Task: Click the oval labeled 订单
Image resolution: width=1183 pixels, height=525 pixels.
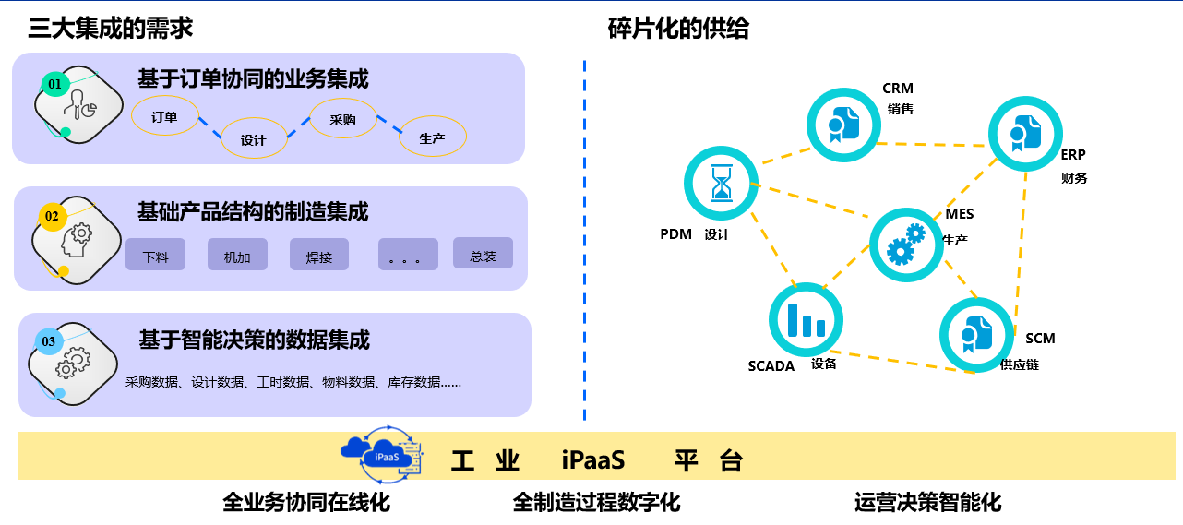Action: point(165,116)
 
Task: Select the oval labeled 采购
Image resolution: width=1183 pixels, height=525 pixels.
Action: point(343,119)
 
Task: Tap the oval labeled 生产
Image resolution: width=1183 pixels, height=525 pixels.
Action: point(432,137)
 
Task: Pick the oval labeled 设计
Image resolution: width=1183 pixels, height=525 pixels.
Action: point(254,138)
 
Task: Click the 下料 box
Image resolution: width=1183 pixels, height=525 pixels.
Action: point(156,255)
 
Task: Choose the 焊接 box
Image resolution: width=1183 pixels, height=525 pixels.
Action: point(319,255)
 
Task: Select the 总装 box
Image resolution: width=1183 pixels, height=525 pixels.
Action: point(483,254)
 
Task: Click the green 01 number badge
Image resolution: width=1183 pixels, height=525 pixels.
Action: point(55,85)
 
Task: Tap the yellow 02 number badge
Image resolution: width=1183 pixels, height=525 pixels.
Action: point(53,217)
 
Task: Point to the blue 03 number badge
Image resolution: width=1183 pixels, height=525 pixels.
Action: point(49,342)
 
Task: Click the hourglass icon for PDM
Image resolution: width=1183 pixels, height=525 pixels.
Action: point(721,183)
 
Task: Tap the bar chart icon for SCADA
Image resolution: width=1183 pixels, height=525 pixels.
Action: point(806,318)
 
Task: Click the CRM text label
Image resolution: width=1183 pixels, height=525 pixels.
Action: point(898,89)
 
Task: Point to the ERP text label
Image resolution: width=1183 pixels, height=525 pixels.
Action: point(1073,155)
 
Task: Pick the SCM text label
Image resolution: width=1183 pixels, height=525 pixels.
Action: point(1040,339)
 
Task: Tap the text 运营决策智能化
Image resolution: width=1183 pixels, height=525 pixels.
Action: point(927,503)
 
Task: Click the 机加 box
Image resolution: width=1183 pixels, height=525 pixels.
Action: point(238,255)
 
